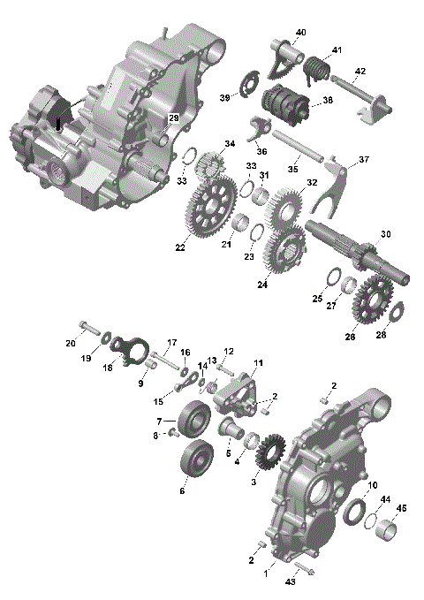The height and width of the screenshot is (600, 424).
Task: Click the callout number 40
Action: (x=300, y=33)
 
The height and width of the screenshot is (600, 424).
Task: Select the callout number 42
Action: (x=360, y=71)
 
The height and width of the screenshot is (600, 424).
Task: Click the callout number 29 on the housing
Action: (x=173, y=118)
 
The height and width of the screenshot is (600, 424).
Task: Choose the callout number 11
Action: (x=258, y=363)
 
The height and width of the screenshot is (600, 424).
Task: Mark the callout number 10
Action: (x=372, y=484)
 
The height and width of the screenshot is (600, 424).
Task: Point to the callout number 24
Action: (x=262, y=285)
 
